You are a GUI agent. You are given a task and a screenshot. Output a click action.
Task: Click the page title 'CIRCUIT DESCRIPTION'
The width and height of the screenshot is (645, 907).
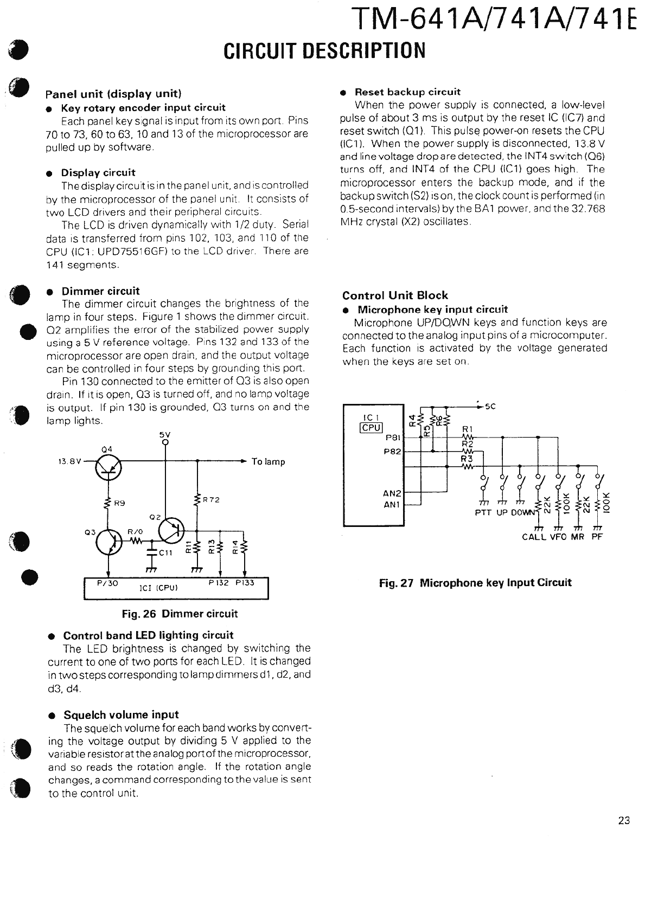[x=324, y=50]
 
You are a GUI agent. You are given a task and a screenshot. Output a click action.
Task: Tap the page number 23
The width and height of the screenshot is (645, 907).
[x=623, y=820]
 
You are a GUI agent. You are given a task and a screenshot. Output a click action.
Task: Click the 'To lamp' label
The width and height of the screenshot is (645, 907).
[x=268, y=462]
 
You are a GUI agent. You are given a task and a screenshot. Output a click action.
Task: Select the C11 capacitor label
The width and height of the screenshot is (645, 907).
[x=165, y=553]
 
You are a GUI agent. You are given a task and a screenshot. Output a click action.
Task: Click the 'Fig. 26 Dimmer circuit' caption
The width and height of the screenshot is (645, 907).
[x=180, y=614]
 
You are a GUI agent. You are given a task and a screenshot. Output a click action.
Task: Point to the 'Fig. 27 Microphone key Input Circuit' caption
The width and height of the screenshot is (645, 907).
[x=475, y=583]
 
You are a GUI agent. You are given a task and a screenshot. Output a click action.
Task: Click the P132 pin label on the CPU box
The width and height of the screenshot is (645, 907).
[x=219, y=583]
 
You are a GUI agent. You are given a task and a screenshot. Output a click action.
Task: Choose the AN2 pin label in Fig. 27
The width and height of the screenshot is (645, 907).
[x=392, y=493]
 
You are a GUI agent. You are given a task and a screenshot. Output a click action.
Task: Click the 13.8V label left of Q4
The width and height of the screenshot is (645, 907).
[x=69, y=462]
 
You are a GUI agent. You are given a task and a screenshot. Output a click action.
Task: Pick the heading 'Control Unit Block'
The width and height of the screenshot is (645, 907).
[x=395, y=295]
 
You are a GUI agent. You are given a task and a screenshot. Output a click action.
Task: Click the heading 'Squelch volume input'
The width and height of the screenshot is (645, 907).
[x=121, y=715]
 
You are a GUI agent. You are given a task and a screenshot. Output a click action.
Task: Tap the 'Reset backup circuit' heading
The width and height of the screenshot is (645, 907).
[x=407, y=92]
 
